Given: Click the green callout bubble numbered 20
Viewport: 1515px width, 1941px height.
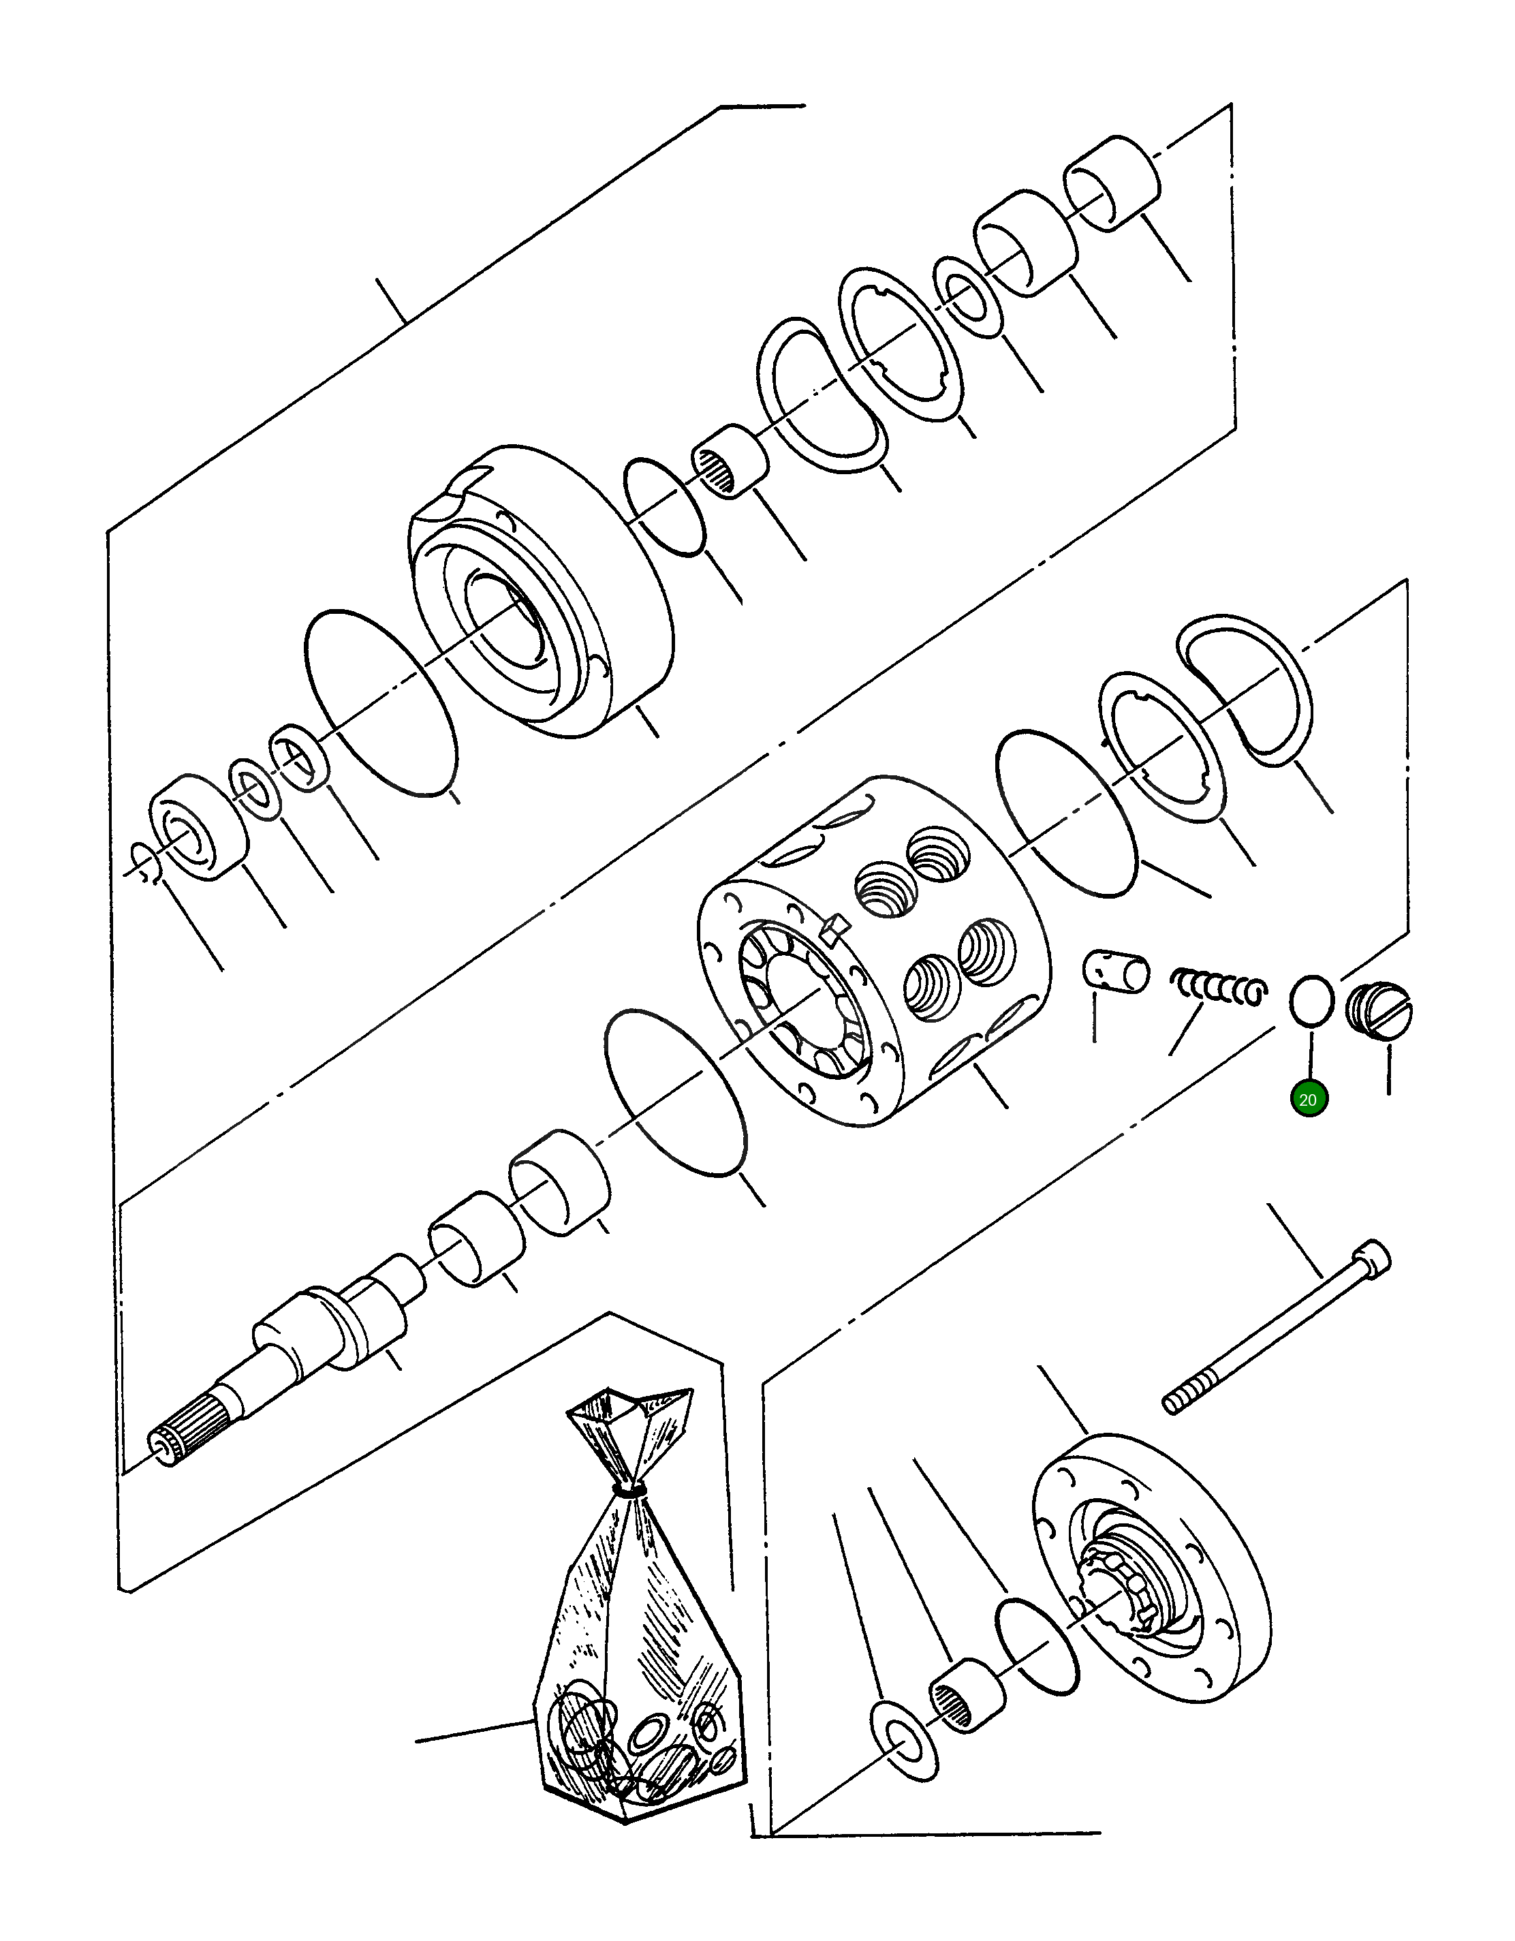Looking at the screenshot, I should pos(1308,1100).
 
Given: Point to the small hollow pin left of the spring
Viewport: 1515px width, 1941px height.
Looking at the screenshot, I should pos(1115,970).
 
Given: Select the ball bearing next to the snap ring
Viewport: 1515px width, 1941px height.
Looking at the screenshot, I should pos(198,827).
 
